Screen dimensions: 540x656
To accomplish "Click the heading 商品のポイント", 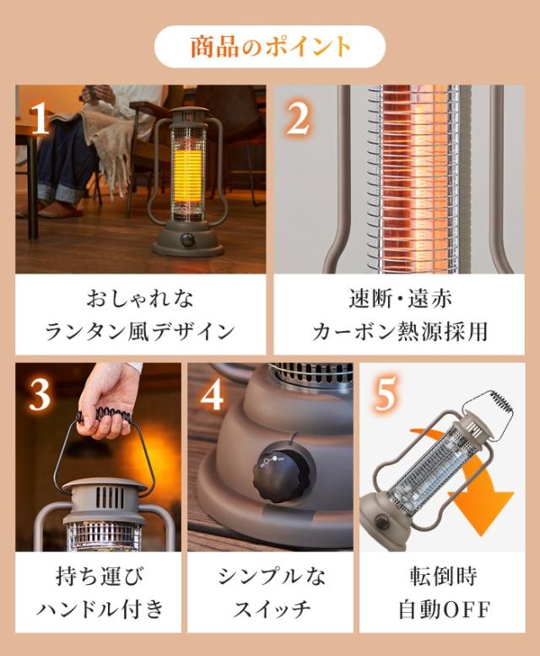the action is click(270, 46).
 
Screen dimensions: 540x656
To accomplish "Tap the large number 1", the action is click(40, 119).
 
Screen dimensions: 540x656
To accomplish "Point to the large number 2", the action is click(299, 119).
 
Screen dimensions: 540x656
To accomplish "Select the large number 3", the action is click(40, 395).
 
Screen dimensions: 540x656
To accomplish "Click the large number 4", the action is click(213, 395).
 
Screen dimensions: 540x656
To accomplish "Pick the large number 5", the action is click(385, 395).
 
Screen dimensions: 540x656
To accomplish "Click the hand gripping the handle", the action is click(109, 402).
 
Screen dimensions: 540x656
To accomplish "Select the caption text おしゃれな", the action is click(140, 299).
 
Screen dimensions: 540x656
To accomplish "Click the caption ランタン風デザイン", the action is click(140, 332).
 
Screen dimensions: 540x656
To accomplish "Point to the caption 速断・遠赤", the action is click(400, 299).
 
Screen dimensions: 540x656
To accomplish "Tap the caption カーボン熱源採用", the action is click(400, 332).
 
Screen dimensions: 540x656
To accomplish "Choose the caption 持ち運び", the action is click(100, 576).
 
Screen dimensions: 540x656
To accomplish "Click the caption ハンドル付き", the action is click(100, 609).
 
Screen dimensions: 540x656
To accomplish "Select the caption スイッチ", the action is click(272, 609).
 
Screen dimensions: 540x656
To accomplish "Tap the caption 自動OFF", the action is click(443, 610).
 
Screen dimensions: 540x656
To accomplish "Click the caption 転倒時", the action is click(443, 576).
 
